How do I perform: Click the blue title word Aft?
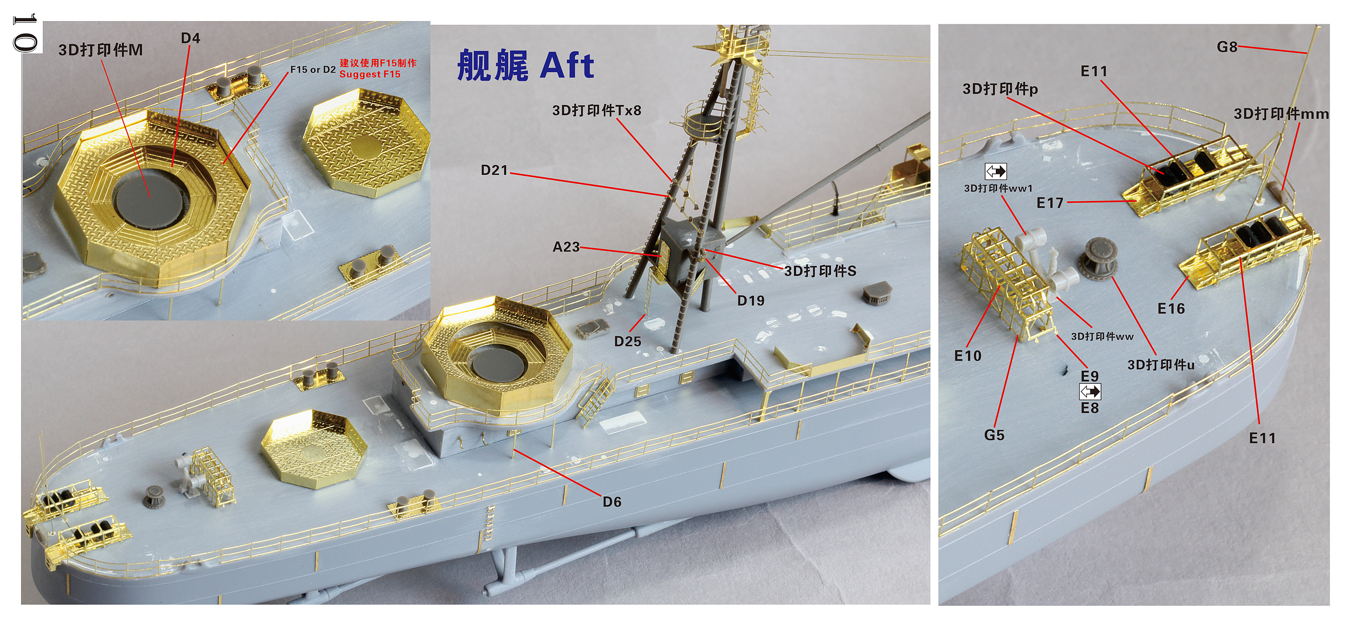coord(567,66)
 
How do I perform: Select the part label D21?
coord(494,170)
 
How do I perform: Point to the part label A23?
coord(566,247)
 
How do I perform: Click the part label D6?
coord(612,502)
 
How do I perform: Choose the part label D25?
coord(627,342)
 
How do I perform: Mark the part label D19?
coord(751,301)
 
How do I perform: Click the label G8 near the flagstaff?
coord(1226,47)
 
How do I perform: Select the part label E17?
coord(1050,203)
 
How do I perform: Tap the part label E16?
coord(1171,309)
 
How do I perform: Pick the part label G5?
coord(994,435)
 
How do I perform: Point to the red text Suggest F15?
coord(369,74)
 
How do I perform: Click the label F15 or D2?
coord(313,70)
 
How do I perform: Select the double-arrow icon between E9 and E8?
coord(1089,392)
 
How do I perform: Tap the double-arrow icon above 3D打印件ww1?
coord(996,172)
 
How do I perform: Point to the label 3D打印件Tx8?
coord(596,111)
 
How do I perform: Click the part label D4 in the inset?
coord(190,38)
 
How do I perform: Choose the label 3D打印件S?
coord(819,271)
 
